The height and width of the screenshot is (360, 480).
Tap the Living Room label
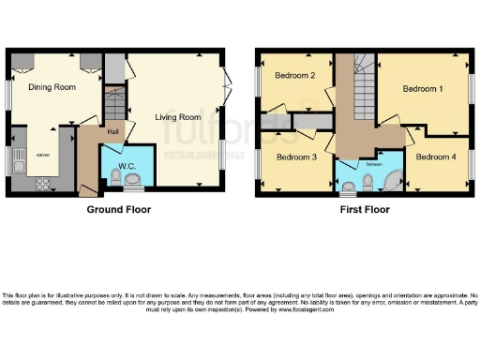[x=178, y=117]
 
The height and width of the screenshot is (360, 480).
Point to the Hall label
[x=112, y=131]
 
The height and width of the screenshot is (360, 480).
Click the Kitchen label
[x=43, y=155]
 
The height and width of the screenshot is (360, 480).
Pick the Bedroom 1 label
[x=422, y=89]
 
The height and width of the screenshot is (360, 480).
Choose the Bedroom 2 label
[x=293, y=76]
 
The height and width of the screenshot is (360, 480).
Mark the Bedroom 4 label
[x=436, y=157]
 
